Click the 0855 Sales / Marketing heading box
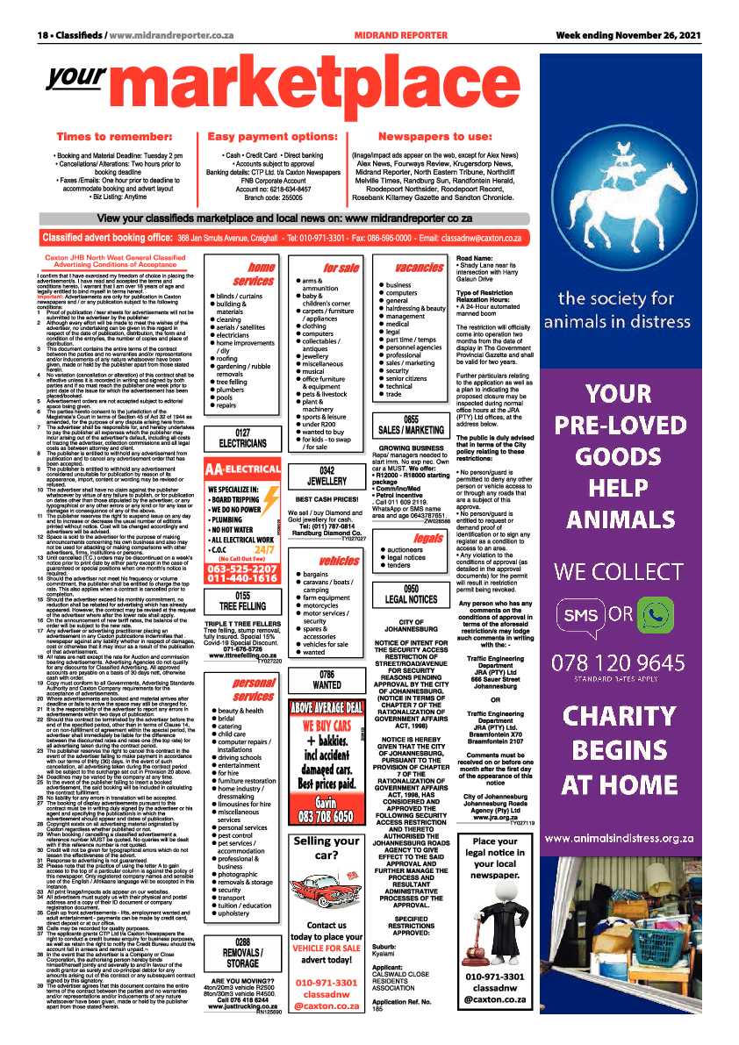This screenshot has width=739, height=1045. click(410, 425)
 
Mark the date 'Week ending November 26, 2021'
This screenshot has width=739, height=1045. click(628, 35)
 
